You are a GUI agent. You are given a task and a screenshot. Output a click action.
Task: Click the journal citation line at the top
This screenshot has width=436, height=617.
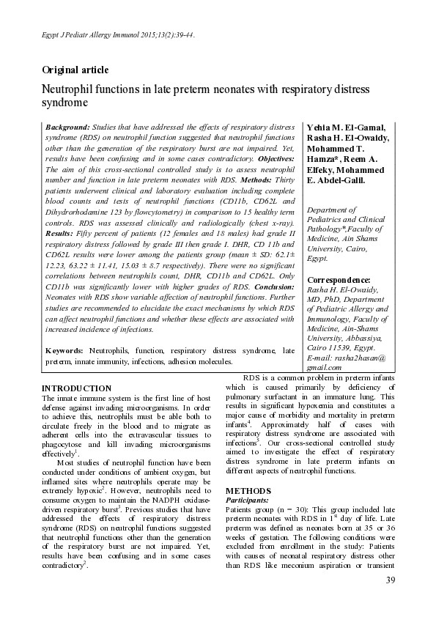118,34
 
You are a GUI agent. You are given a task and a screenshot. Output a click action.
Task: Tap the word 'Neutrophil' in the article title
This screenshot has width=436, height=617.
66,89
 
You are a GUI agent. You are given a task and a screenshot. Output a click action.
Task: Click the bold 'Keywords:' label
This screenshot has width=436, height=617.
67,351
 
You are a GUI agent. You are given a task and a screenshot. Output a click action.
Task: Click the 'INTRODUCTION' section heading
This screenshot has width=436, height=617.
76,388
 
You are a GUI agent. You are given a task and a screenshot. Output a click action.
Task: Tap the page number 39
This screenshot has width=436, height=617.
389,581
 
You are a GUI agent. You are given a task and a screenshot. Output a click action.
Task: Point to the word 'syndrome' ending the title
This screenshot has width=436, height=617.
64,103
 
